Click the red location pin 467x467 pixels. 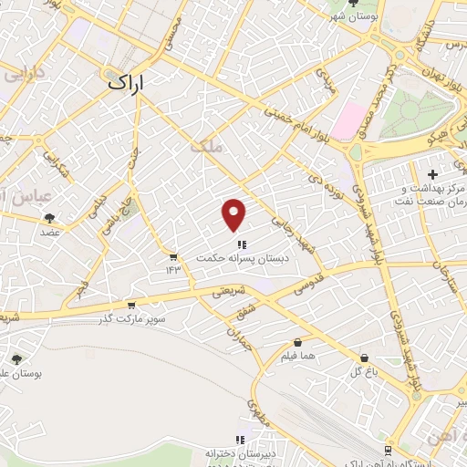click(234, 213)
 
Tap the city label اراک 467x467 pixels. click(128, 81)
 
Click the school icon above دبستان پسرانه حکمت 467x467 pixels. click(241, 244)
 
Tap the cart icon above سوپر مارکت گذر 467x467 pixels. click(132, 306)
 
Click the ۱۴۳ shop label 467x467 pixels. click(173, 268)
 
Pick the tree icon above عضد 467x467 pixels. click(49, 217)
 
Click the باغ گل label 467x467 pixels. click(363, 372)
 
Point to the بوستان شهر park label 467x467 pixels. click(354, 16)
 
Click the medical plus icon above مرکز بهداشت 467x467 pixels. click(432, 173)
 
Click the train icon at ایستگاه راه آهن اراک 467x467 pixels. click(388, 451)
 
